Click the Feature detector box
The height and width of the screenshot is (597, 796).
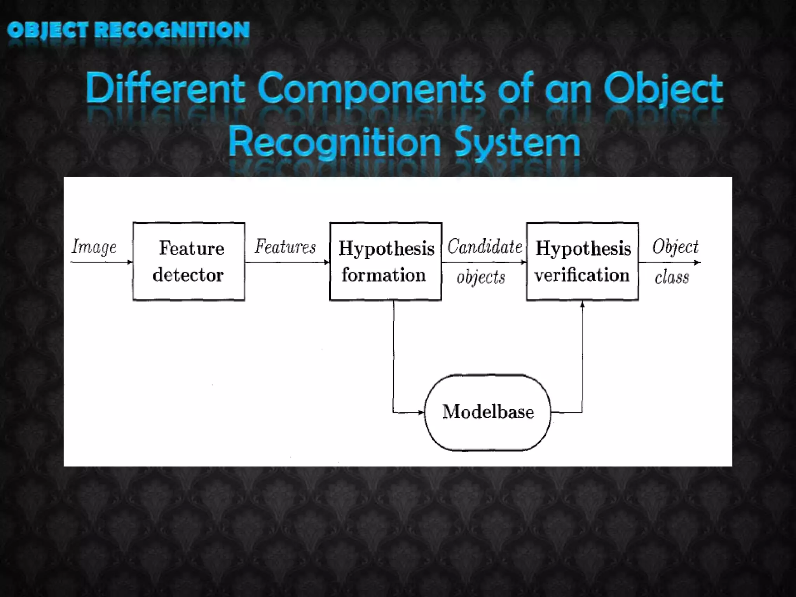coord(189,261)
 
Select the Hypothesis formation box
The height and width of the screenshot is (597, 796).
coord(386,261)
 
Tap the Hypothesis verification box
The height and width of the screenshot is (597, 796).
coord(582,261)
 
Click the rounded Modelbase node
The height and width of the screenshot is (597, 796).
coord(488,412)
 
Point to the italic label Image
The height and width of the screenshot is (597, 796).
coord(94,247)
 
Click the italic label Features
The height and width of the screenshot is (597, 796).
coord(285,247)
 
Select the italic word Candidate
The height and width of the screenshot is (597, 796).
coord(484,247)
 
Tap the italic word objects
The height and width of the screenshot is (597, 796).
coord(481,277)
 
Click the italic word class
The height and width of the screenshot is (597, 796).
coord(672,277)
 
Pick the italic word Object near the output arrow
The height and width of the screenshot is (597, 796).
coord(676,247)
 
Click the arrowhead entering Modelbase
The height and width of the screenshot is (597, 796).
coord(421,412)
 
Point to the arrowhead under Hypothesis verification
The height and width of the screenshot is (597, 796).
coord(582,304)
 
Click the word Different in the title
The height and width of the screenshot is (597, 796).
coord(166,89)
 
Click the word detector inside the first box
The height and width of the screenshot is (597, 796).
coord(188,274)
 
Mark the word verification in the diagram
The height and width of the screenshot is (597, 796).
coord(582,274)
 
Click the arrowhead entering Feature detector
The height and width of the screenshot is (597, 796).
coord(130,262)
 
